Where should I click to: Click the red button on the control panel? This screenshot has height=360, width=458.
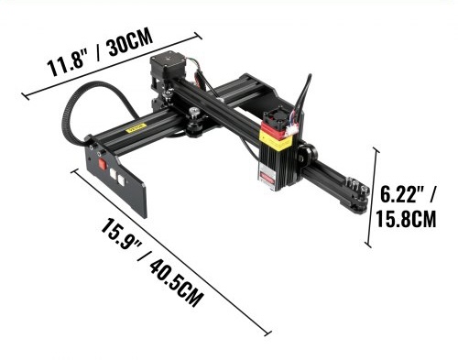click(x=102, y=165)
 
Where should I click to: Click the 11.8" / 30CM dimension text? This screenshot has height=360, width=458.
click(x=100, y=52)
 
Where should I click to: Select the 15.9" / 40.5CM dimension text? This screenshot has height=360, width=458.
click(x=152, y=263)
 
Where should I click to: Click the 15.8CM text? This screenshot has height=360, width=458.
click(x=406, y=218)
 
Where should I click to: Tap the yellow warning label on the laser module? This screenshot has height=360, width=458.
click(x=276, y=139)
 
